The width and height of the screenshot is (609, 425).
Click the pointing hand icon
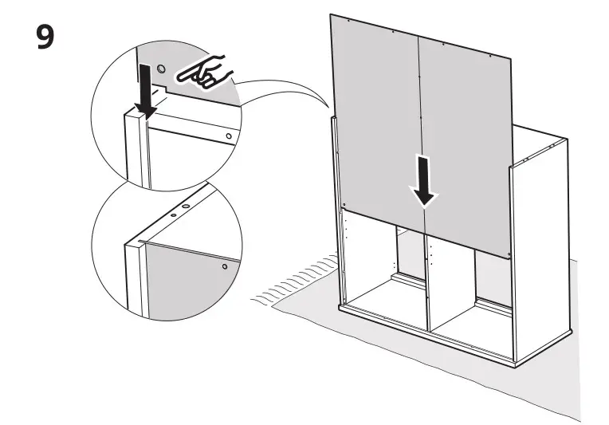tap(204, 75)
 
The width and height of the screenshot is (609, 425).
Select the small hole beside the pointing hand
tap(162, 70)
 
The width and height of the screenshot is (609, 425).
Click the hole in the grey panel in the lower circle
tap(226, 266)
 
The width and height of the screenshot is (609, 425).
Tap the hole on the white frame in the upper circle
tap(229, 136)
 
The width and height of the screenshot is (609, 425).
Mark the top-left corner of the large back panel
tap(332, 15)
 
